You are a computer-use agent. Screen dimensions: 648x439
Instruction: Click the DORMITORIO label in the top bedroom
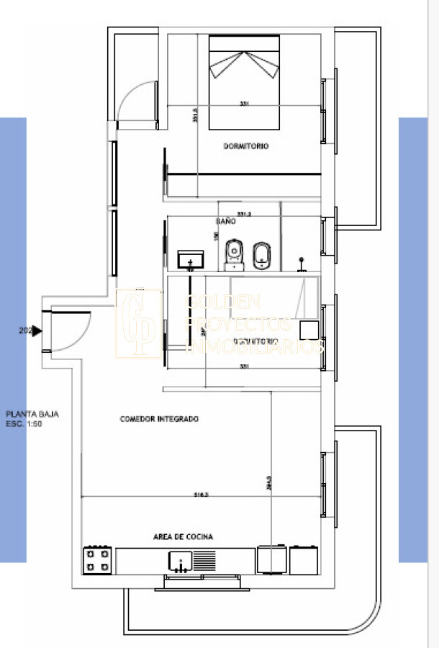[245, 146]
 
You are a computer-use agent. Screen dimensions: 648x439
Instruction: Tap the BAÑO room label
[226, 222]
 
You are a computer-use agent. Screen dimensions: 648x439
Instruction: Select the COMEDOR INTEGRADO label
[159, 419]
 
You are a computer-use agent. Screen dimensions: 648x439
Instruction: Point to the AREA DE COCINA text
[183, 536]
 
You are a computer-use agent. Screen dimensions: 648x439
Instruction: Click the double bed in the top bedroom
[244, 79]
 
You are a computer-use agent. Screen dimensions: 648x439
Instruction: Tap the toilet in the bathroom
[234, 253]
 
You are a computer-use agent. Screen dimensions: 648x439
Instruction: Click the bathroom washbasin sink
[191, 258]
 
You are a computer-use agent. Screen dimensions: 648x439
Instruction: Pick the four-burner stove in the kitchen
[98, 559]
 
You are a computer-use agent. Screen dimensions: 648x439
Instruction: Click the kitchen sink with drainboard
[192, 559]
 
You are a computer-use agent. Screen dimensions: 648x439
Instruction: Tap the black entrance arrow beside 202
[37, 331]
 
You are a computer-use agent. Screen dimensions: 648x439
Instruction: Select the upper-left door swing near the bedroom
[137, 101]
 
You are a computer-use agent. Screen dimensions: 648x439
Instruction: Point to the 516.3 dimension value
[202, 495]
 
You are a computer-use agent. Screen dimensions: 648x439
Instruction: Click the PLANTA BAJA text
[32, 414]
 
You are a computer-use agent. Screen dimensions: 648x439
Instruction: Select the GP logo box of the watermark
[139, 323]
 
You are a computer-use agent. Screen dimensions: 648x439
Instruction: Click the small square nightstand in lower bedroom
[309, 330]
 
